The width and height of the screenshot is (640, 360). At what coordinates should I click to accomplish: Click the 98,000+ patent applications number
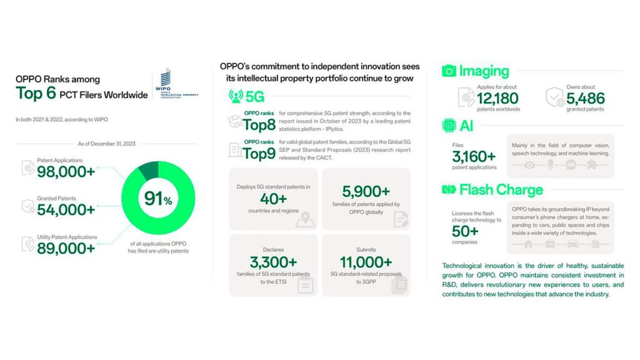(x=66, y=171)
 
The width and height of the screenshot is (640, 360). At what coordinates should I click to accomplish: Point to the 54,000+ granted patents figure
(x=66, y=209)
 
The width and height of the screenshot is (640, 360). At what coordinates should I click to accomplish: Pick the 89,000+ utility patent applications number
(x=66, y=248)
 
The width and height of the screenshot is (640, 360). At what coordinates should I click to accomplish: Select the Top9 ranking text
(x=259, y=153)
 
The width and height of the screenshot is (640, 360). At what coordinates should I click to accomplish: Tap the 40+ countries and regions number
(x=274, y=198)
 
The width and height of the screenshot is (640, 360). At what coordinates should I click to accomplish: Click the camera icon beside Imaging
(x=449, y=71)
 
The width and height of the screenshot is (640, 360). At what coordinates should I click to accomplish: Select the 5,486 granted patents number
(x=586, y=98)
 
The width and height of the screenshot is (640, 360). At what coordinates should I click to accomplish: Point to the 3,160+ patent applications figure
(x=474, y=157)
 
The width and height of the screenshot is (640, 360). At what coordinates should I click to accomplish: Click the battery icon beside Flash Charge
(x=449, y=189)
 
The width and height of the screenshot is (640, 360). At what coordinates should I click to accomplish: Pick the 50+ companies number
(x=465, y=231)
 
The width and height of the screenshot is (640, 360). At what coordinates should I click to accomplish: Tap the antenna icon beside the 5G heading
(x=236, y=96)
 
